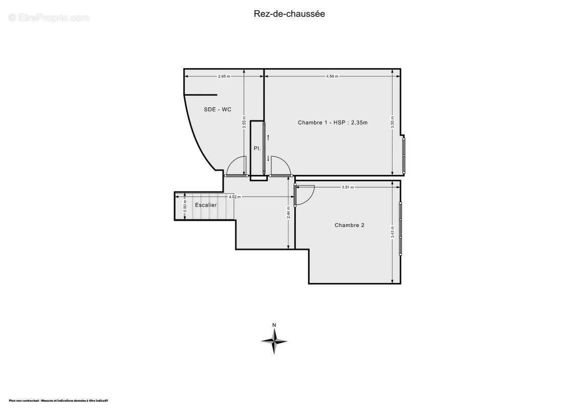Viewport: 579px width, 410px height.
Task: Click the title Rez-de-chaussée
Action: (289, 14)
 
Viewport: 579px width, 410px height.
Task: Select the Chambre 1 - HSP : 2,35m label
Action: (333, 122)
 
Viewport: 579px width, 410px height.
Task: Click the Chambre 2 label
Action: (350, 225)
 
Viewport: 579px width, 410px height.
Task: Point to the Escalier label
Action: (206, 205)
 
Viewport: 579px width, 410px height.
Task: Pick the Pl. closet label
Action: (258, 148)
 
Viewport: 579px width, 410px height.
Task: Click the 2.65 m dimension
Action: (224, 76)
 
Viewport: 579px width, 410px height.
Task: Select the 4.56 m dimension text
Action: (332, 76)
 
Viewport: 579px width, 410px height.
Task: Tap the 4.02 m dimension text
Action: (234, 197)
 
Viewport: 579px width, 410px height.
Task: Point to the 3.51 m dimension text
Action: (348, 187)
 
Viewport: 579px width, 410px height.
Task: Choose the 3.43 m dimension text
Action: (392, 232)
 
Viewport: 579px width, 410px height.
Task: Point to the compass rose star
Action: (274, 341)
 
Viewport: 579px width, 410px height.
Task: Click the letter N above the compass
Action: (274, 325)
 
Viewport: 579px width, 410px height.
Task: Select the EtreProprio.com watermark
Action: (49, 18)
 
